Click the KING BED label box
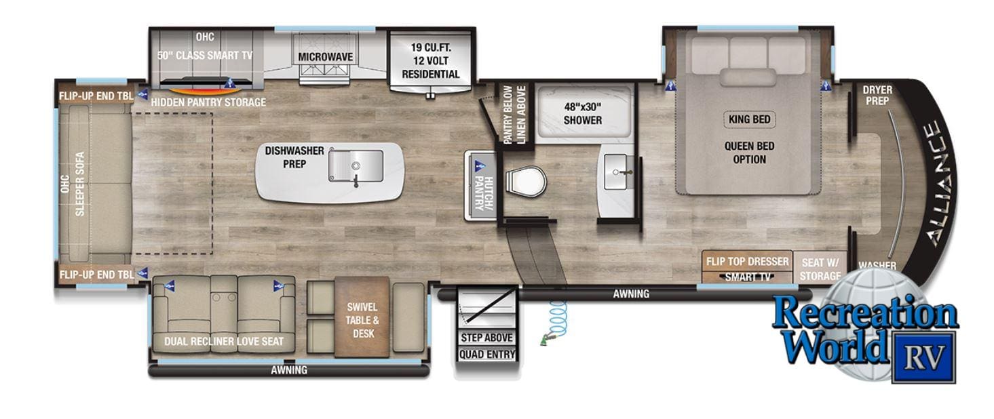pos(749,119)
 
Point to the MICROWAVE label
pos(326,57)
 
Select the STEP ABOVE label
pos(486,338)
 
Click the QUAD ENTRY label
pos(486,354)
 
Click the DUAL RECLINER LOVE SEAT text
pos(224,341)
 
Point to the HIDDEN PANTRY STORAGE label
pos(208,102)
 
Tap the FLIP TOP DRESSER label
pos(747,262)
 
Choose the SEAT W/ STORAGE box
pos(820,268)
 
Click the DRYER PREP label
pos(877,96)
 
